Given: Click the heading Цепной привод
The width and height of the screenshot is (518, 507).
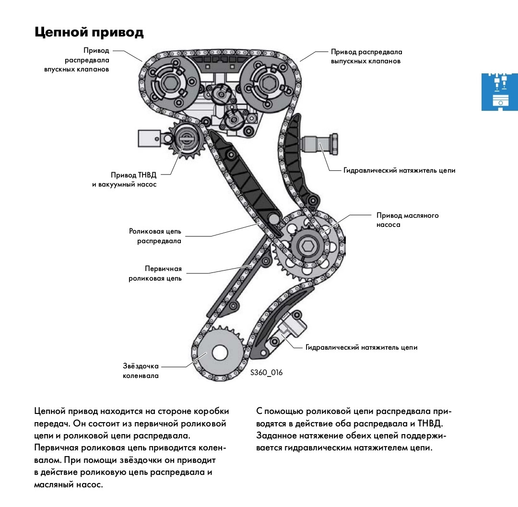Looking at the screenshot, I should click(x=89, y=32).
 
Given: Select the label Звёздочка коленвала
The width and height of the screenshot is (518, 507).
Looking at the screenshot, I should click(x=141, y=371).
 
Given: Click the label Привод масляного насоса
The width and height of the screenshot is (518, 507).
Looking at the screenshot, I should click(x=408, y=220).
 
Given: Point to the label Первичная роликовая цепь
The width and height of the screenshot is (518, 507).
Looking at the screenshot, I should click(x=155, y=273).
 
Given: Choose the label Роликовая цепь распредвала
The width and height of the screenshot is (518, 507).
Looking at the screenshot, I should click(x=155, y=236).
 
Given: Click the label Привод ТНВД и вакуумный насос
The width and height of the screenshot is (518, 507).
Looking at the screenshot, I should click(x=124, y=180).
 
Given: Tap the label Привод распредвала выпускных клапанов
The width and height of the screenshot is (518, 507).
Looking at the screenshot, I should click(x=366, y=56).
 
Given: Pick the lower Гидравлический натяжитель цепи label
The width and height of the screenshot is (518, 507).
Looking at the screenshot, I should click(x=361, y=347).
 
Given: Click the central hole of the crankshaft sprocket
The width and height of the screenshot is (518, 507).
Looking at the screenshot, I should click(x=220, y=354).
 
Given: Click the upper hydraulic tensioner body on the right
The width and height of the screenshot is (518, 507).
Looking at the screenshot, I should click(x=321, y=143).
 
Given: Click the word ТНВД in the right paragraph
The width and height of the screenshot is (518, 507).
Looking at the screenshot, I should click(x=431, y=424).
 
